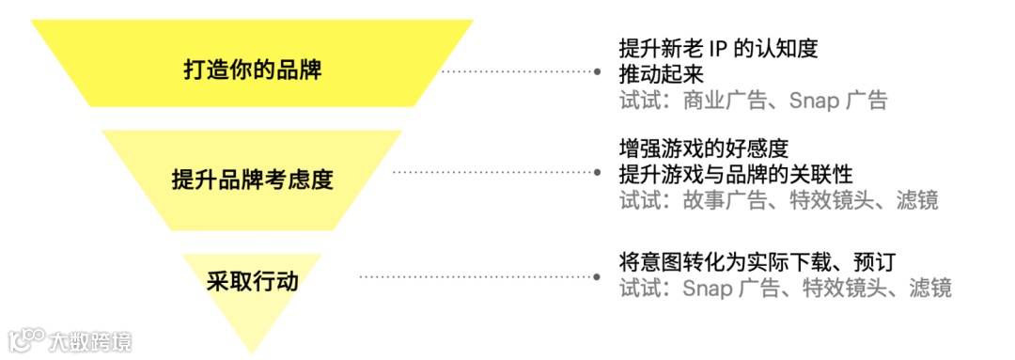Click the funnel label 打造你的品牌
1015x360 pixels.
(252, 70)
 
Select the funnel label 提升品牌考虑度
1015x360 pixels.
(252, 179)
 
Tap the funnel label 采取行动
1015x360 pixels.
(253, 280)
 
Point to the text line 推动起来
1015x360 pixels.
(662, 73)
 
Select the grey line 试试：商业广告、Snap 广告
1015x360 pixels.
(753, 100)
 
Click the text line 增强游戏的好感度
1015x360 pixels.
(703, 149)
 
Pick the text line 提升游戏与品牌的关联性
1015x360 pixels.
(736, 174)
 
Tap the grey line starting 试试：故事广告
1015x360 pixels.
(778, 199)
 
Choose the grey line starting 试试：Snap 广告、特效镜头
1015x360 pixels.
(786, 287)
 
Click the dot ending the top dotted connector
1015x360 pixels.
(596, 70)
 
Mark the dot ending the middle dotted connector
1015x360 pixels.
(596, 172)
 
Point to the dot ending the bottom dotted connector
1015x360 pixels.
(596, 276)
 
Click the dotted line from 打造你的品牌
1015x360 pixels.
(517, 70)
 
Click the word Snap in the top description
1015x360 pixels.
(813, 100)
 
